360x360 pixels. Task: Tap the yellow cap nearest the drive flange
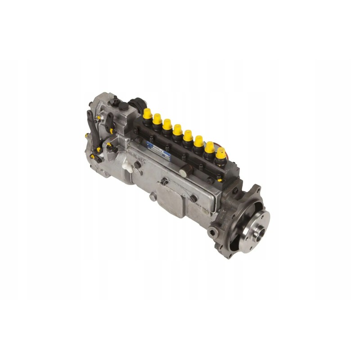click(x=220, y=153)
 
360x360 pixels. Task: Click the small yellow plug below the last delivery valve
click(x=220, y=178)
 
